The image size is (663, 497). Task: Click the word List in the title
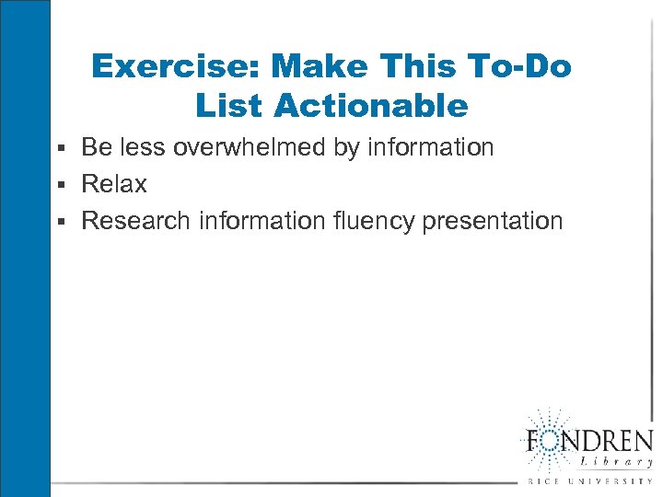point(229,106)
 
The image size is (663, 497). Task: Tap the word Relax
point(114,184)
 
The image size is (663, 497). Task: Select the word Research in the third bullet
point(136,221)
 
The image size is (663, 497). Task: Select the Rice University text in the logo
point(589,481)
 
